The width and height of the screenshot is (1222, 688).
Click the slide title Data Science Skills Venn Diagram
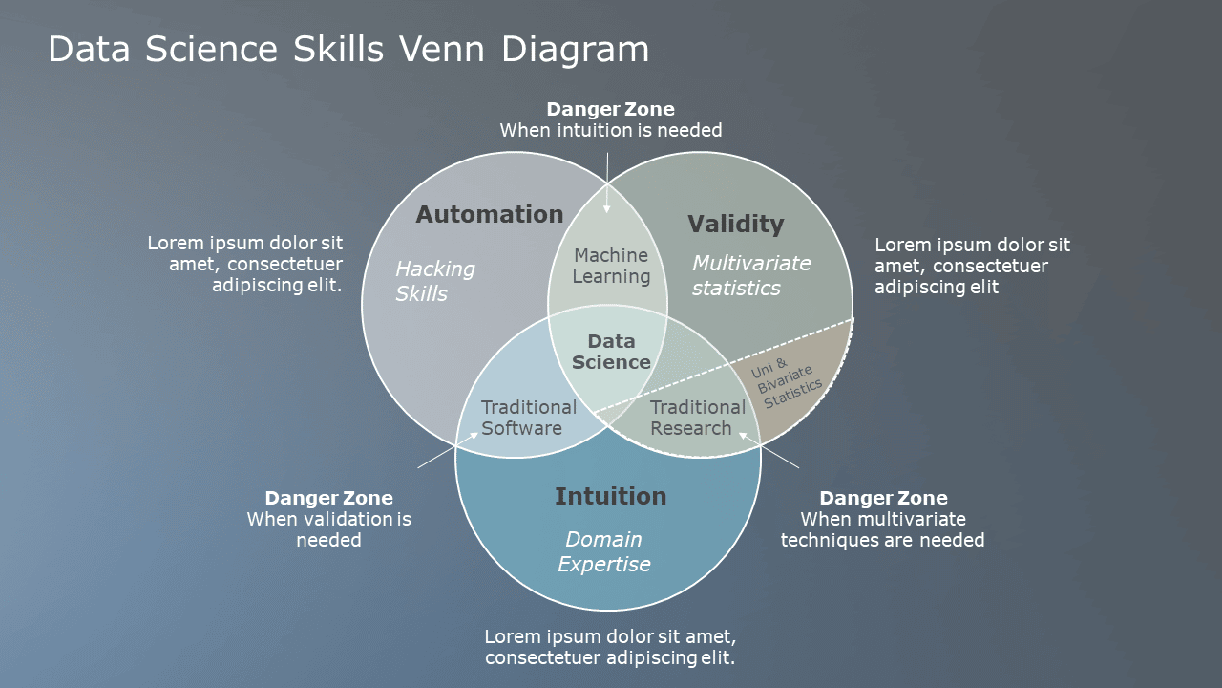coord(348,50)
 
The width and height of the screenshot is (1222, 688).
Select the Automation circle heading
coord(490,215)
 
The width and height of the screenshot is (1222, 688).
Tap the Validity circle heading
coord(735,225)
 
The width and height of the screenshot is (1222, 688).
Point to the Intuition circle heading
coord(610,496)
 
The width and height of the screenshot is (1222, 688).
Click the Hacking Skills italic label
coord(434,281)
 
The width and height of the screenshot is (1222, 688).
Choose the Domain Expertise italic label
coord(603,551)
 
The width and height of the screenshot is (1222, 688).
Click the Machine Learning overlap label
coord(611,266)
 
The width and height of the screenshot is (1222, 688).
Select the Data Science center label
coord(611,352)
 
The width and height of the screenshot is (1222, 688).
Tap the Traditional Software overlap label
coord(528,418)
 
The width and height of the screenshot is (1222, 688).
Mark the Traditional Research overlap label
coord(698,418)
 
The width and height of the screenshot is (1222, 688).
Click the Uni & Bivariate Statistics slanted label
coord(788,382)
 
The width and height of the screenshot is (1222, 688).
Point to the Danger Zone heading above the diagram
coord(610,109)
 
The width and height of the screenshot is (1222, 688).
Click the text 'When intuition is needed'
coord(611,130)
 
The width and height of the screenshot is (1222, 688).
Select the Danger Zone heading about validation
coord(328,498)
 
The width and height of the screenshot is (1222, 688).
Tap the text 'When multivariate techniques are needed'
coord(882,529)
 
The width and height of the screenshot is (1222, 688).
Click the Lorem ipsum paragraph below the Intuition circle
coord(610,647)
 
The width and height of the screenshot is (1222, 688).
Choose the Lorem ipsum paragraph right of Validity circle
coord(972,266)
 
